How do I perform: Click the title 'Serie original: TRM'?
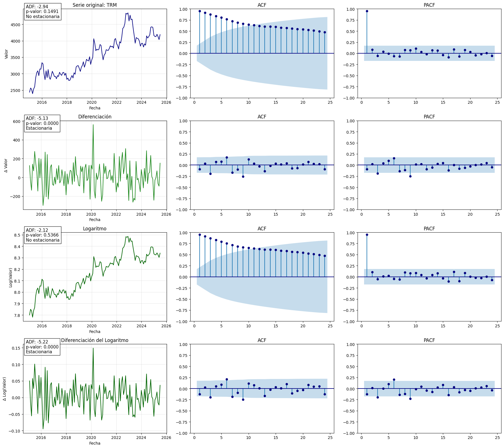(x=95, y=5)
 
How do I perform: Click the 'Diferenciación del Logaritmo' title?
(x=95, y=340)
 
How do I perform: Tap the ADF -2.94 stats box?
(x=43, y=12)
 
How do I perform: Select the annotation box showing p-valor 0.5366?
(x=43, y=235)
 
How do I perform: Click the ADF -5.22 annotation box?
(x=42, y=347)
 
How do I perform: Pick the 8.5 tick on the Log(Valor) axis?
(x=17, y=235)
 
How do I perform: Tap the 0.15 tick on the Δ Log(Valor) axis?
(x=16, y=348)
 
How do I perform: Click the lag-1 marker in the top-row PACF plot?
(x=367, y=11)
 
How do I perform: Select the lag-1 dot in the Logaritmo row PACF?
(x=367, y=235)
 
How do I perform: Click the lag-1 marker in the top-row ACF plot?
(x=200, y=11)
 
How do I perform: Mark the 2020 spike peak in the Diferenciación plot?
(x=93, y=125)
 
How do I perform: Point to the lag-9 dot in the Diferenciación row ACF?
(x=243, y=176)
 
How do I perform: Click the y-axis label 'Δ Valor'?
(x=6, y=165)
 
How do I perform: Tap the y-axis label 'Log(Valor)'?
(x=11, y=277)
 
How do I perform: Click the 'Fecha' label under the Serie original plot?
(x=95, y=108)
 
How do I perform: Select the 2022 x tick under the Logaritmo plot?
(x=117, y=326)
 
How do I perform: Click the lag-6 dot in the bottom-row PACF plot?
(x=394, y=380)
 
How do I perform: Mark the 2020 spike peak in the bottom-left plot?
(x=93, y=348)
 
